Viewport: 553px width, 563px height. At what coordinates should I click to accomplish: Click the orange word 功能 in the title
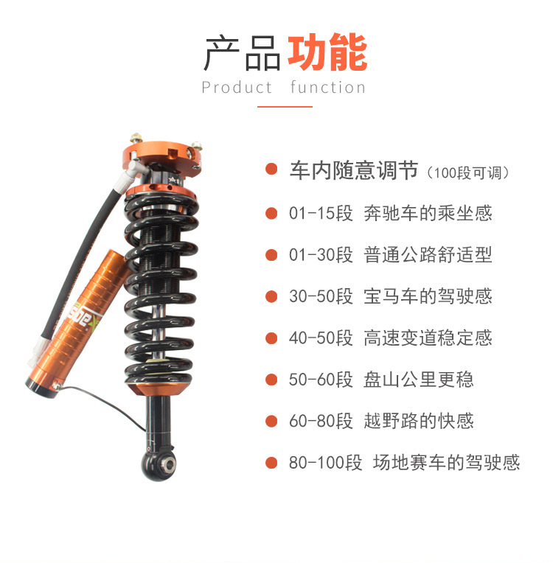point(327,52)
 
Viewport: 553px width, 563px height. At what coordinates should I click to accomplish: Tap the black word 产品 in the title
point(242,53)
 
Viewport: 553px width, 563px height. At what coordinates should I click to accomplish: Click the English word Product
point(237,87)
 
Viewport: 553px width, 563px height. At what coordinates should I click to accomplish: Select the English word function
point(327,87)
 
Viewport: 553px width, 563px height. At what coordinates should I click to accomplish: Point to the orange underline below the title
point(285,107)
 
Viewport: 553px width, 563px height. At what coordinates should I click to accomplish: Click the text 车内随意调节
point(354,169)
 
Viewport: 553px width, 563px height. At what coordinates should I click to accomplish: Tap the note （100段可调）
point(467,172)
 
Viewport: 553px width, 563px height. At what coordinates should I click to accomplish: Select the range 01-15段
point(321,213)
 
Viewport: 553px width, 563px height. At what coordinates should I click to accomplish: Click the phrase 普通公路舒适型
point(428,254)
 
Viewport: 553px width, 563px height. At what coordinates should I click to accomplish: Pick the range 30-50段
point(321,296)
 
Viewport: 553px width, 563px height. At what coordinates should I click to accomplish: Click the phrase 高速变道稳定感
point(428,338)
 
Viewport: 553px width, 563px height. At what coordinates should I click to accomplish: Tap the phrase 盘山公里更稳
point(419,380)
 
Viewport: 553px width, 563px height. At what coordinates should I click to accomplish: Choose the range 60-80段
point(321,421)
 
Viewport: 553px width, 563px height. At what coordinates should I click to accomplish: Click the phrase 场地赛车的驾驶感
point(446,462)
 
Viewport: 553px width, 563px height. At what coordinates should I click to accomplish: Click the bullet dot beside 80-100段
point(271,463)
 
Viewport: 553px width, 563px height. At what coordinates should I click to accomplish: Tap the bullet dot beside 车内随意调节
point(271,169)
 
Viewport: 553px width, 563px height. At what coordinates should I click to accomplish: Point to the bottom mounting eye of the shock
point(159,464)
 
